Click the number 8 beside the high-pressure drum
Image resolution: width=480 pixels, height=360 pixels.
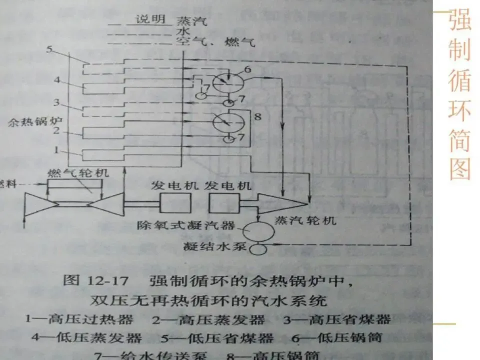tap(258, 118)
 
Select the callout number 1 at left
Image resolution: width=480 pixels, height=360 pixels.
tap(56, 149)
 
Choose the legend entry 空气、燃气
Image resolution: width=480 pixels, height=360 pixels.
tap(215, 42)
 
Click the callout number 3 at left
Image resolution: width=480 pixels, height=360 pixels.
tap(56, 103)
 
